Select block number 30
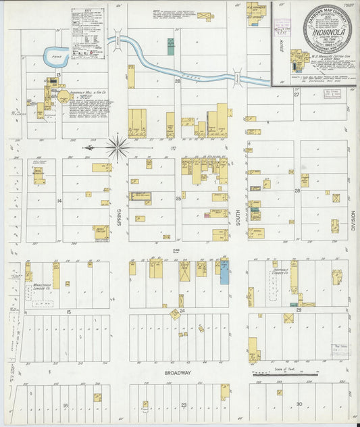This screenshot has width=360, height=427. (299, 403)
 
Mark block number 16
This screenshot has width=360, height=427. (66, 405)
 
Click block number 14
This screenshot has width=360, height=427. (59, 201)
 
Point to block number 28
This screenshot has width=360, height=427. (297, 191)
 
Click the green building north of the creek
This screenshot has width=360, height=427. (171, 47)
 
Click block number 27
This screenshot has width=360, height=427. (297, 95)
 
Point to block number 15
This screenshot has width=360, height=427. (69, 311)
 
